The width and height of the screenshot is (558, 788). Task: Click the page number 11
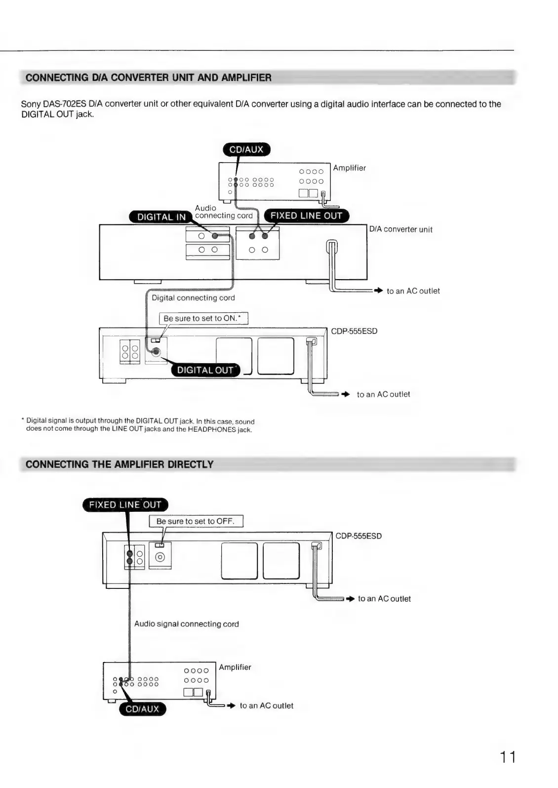(x=507, y=757)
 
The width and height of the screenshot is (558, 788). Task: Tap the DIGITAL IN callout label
(x=161, y=217)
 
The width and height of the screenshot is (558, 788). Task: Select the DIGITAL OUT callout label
(x=205, y=370)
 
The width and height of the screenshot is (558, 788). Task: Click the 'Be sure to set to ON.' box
(x=203, y=319)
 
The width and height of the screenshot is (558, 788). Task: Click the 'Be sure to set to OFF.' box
(x=196, y=521)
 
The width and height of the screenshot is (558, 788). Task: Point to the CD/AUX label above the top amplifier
(x=246, y=150)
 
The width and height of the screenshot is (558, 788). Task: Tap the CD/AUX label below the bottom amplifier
(x=143, y=709)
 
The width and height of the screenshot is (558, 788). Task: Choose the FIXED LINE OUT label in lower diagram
(x=125, y=505)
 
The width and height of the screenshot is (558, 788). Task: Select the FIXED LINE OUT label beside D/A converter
(x=306, y=216)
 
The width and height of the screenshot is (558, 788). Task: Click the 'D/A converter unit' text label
(x=400, y=229)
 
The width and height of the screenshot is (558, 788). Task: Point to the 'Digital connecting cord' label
(x=193, y=298)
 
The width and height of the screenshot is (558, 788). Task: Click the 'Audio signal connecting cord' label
(x=186, y=624)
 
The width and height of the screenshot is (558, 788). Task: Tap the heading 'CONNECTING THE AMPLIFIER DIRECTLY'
(x=120, y=464)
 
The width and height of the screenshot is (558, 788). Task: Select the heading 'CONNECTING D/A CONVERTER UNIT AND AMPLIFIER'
(x=148, y=78)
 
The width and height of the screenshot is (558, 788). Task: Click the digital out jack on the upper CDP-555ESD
(x=156, y=352)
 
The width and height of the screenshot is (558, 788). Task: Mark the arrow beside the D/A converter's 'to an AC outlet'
(x=378, y=291)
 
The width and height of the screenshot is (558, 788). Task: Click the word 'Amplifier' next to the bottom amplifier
(x=235, y=667)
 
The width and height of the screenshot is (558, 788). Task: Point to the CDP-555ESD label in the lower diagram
(x=359, y=536)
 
